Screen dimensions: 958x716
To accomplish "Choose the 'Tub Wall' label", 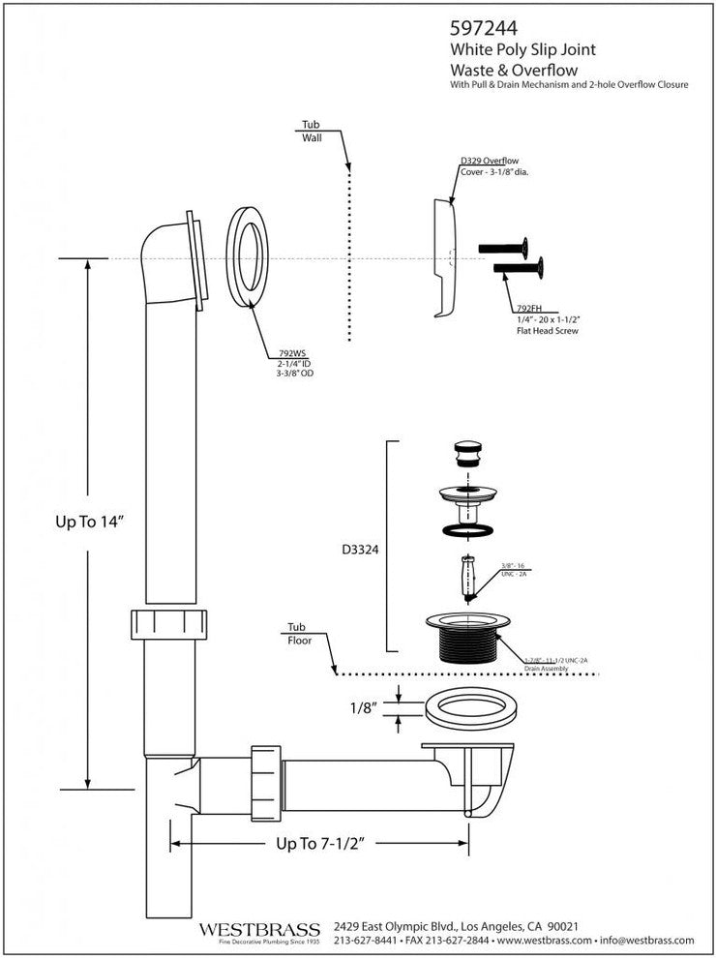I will [x=311, y=132].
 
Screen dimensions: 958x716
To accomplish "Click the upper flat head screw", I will [x=504, y=247].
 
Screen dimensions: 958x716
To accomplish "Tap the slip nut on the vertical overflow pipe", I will [x=171, y=625].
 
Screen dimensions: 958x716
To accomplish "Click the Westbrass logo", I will [x=258, y=931].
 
